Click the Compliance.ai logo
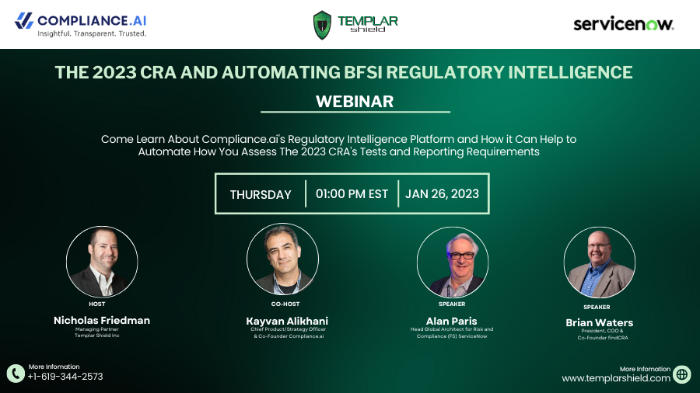[80, 25]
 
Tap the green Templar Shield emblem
[322, 25]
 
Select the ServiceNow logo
[624, 23]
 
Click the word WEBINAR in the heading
[355, 102]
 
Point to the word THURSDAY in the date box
[261, 195]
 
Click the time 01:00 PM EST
[352, 194]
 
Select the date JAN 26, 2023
[442, 194]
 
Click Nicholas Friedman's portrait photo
[102, 262]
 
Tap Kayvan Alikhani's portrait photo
[282, 259]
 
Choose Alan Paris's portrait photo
[453, 262]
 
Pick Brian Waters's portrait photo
[600, 263]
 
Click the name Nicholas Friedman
[102, 320]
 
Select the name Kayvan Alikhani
[287, 322]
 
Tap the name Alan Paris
[451, 322]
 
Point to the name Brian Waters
[600, 322]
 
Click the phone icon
[16, 374]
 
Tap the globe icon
[682, 374]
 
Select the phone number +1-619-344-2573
[65, 377]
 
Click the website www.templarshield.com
[616, 378]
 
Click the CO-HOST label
[285, 304]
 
